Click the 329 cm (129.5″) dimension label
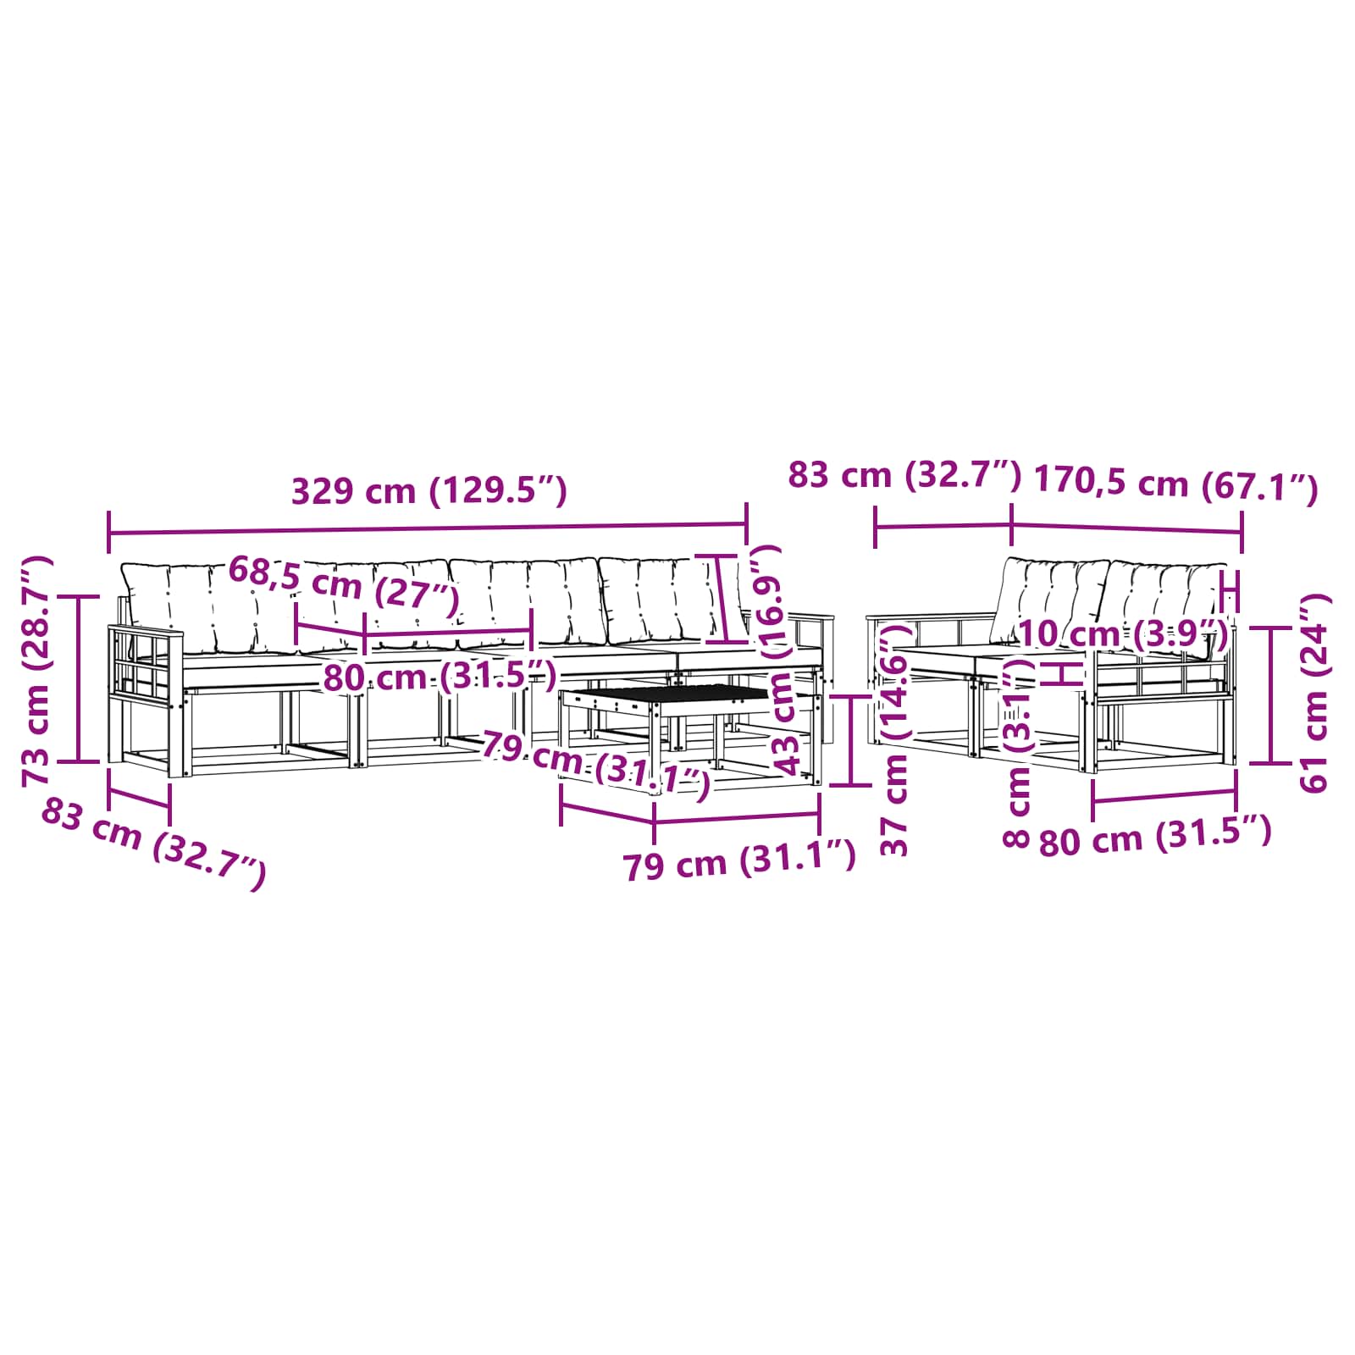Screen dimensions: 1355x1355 point(429,491)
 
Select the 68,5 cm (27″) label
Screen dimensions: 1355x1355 point(344,584)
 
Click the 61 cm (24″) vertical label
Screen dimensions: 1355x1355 point(1315,693)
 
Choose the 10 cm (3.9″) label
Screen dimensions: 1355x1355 point(1123,633)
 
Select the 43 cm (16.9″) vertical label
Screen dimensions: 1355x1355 point(780,660)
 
